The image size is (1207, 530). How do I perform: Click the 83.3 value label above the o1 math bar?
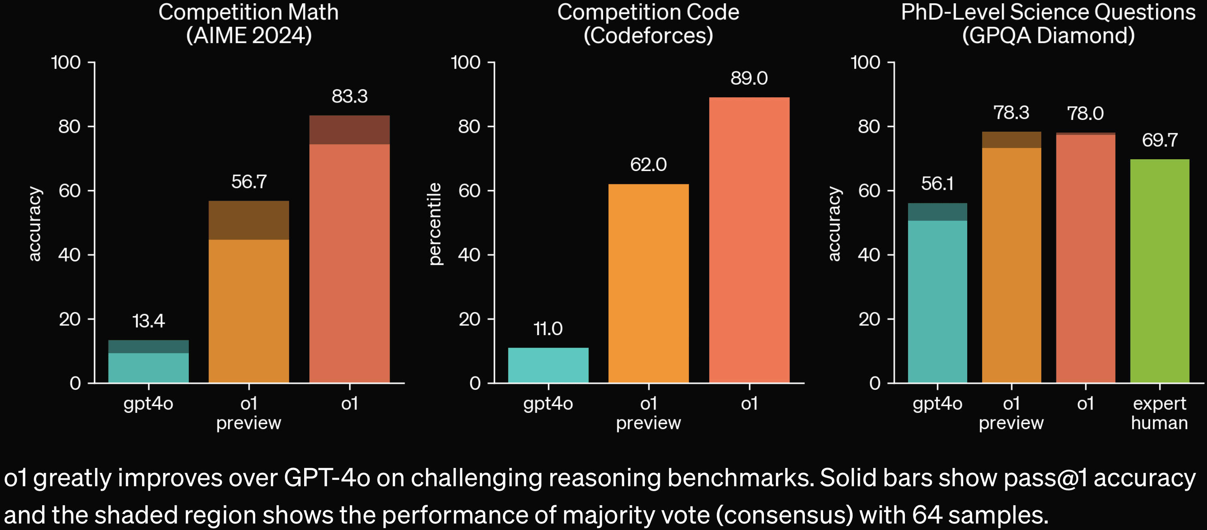350,96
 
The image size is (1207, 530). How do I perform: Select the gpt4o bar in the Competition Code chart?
548,365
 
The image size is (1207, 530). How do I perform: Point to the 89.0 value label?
749,78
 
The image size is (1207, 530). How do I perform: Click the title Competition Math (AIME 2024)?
248,24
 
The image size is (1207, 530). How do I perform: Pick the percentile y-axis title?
435,224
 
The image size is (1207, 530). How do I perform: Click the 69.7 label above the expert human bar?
1159,140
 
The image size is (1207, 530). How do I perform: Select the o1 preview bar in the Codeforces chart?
648,283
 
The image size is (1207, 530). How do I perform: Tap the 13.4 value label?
148,321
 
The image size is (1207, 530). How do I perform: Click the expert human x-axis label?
1159,413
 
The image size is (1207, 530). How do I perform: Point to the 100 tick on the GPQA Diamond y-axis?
865,62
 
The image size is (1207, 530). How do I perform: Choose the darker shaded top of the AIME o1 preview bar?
248,220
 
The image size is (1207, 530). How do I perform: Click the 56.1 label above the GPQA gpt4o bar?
937,183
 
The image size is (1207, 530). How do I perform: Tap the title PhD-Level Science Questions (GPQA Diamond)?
1048,24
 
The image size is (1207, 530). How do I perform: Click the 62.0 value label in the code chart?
648,165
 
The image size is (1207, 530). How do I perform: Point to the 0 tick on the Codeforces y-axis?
475,383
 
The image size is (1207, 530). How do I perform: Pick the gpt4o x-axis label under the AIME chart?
148,404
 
